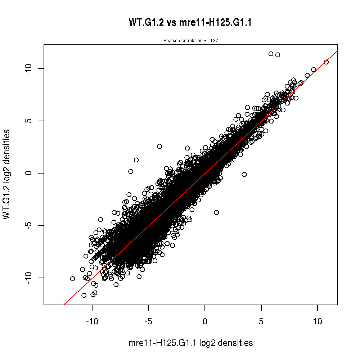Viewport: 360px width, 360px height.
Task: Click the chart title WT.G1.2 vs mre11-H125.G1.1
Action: [190, 23]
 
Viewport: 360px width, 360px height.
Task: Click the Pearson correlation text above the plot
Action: [190, 41]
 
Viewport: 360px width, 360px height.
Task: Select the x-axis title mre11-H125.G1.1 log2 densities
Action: [190, 343]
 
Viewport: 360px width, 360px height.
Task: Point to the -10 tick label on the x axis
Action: [92, 321]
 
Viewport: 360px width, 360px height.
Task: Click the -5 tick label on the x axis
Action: [148, 321]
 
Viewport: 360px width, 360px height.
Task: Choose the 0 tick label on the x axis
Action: [205, 321]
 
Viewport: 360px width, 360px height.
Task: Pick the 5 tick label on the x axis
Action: [261, 321]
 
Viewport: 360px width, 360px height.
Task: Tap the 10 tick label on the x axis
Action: [318, 321]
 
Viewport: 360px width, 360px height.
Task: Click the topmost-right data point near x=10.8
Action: [326, 62]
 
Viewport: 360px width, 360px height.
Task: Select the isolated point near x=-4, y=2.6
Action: [159, 146]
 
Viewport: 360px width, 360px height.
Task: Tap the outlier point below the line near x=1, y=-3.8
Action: [216, 212]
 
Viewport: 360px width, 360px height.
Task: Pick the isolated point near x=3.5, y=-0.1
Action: [244, 174]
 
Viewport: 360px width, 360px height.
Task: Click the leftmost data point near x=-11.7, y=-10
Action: [72, 279]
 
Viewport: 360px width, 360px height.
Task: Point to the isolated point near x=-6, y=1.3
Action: [136, 160]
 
